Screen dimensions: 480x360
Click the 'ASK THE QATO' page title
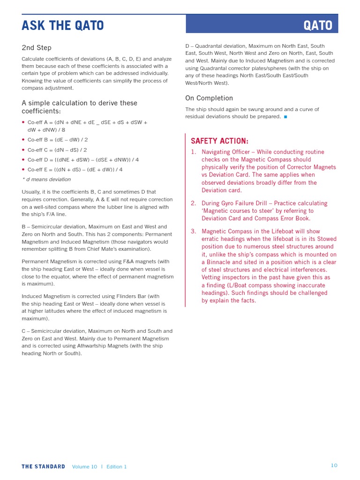pos(63,25)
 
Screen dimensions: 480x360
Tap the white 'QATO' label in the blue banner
pos(318,25)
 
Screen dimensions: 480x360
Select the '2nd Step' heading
pos(37,48)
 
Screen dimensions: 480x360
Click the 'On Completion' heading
pos(209,98)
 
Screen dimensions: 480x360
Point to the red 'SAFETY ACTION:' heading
pos(219,141)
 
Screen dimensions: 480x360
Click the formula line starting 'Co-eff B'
pos(58,140)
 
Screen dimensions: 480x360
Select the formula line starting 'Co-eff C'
pos(58,150)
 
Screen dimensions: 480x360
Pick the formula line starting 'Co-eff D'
pos(83,160)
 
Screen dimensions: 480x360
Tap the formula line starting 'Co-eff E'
pos(75,170)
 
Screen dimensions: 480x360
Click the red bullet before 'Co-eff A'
pos(23,122)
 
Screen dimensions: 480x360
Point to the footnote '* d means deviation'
pos(46,179)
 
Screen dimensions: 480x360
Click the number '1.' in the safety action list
pos(194,152)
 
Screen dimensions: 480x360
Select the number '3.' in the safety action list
pos(194,232)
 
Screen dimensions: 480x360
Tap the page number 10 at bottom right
pos(334,465)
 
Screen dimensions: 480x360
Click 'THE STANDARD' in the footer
pos(43,467)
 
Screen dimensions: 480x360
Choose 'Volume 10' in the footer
pos(85,467)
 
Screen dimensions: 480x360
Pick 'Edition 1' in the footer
pos(117,467)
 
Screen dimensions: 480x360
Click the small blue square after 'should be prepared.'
pos(285,117)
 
